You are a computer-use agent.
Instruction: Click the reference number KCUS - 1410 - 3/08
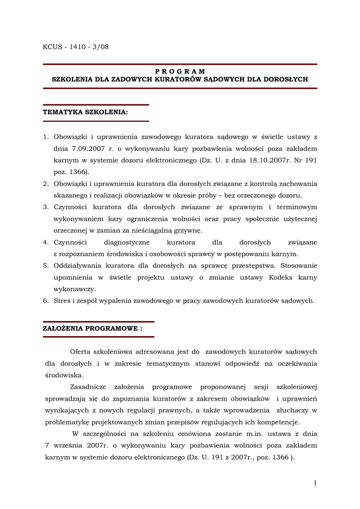click(76, 47)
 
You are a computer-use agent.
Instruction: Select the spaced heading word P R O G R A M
click(180, 72)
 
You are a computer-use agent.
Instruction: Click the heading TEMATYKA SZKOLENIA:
click(86, 112)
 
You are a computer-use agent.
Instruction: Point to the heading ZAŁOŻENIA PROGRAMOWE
click(93, 329)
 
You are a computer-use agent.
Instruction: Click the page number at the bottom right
click(315, 483)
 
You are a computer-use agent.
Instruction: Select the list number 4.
click(45, 242)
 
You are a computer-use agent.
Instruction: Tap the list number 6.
click(45, 300)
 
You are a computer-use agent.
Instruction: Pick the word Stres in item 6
click(62, 300)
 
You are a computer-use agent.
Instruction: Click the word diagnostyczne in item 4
click(127, 242)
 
